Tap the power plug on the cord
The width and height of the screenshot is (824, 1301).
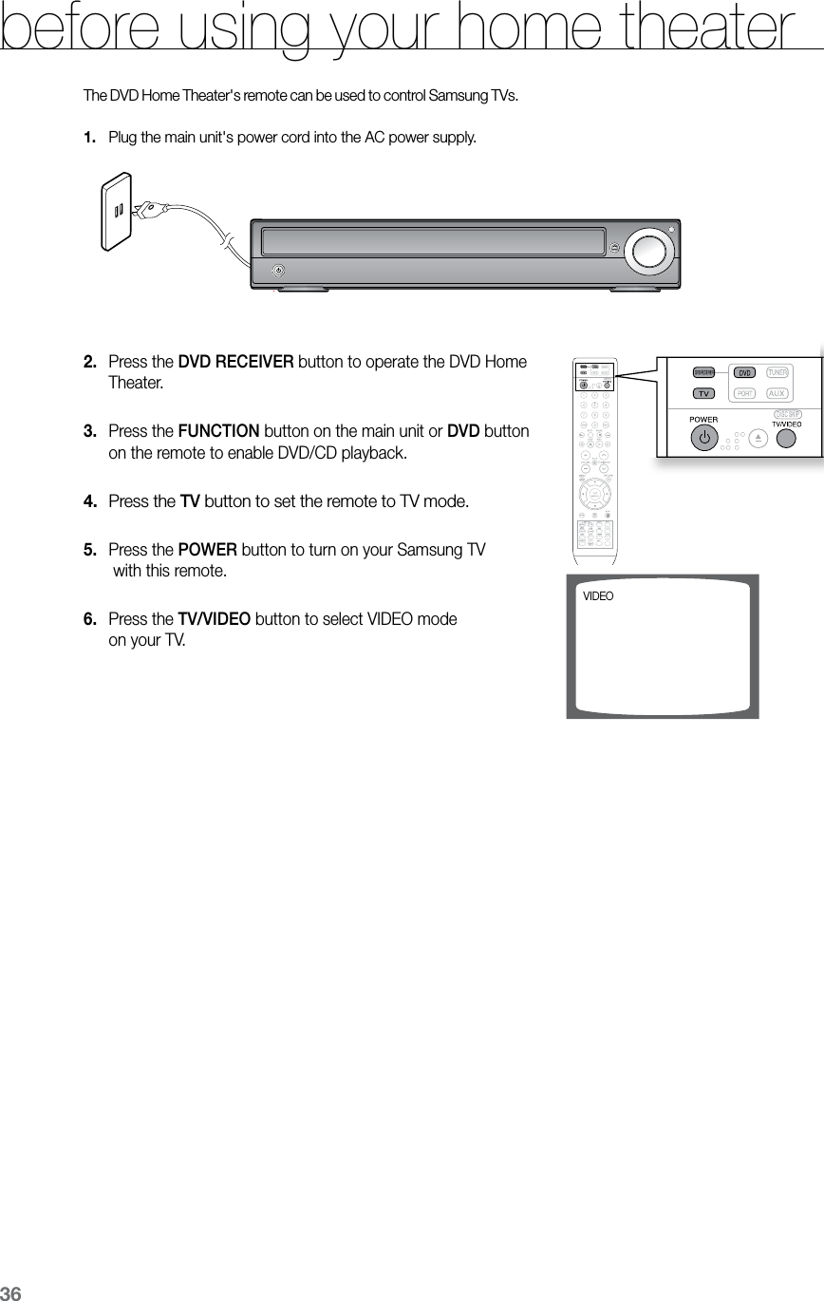tap(148, 210)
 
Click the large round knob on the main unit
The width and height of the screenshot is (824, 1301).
tap(649, 250)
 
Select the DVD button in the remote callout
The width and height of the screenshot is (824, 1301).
tap(746, 372)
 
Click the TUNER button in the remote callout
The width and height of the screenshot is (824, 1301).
tap(778, 372)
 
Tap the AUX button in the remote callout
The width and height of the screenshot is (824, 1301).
tap(777, 393)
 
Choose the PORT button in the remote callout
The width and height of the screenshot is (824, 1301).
tap(746, 393)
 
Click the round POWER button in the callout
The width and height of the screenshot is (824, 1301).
tap(703, 439)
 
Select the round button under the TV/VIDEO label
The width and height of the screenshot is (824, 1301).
tap(786, 438)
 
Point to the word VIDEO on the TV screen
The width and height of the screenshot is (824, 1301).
tap(598, 596)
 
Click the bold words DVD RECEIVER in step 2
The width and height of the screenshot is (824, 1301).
tap(235, 363)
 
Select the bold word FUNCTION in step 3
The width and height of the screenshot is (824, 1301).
tap(218, 432)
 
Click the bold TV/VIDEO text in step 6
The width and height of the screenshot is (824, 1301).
tap(215, 619)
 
